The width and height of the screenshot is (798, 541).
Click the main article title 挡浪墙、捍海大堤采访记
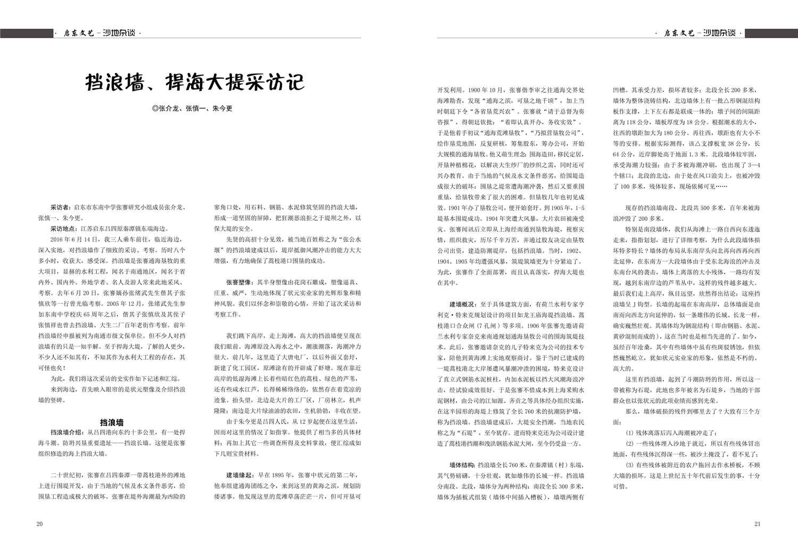tap(195, 82)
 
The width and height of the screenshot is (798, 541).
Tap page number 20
tap(39, 523)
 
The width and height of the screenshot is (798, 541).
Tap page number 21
tap(758, 523)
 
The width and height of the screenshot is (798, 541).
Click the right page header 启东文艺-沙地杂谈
tap(701, 34)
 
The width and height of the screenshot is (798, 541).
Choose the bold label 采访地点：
tap(65, 228)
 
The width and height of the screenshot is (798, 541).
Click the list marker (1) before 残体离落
tap(630, 432)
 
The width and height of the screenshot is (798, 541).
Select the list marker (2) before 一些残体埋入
tap(630, 443)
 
